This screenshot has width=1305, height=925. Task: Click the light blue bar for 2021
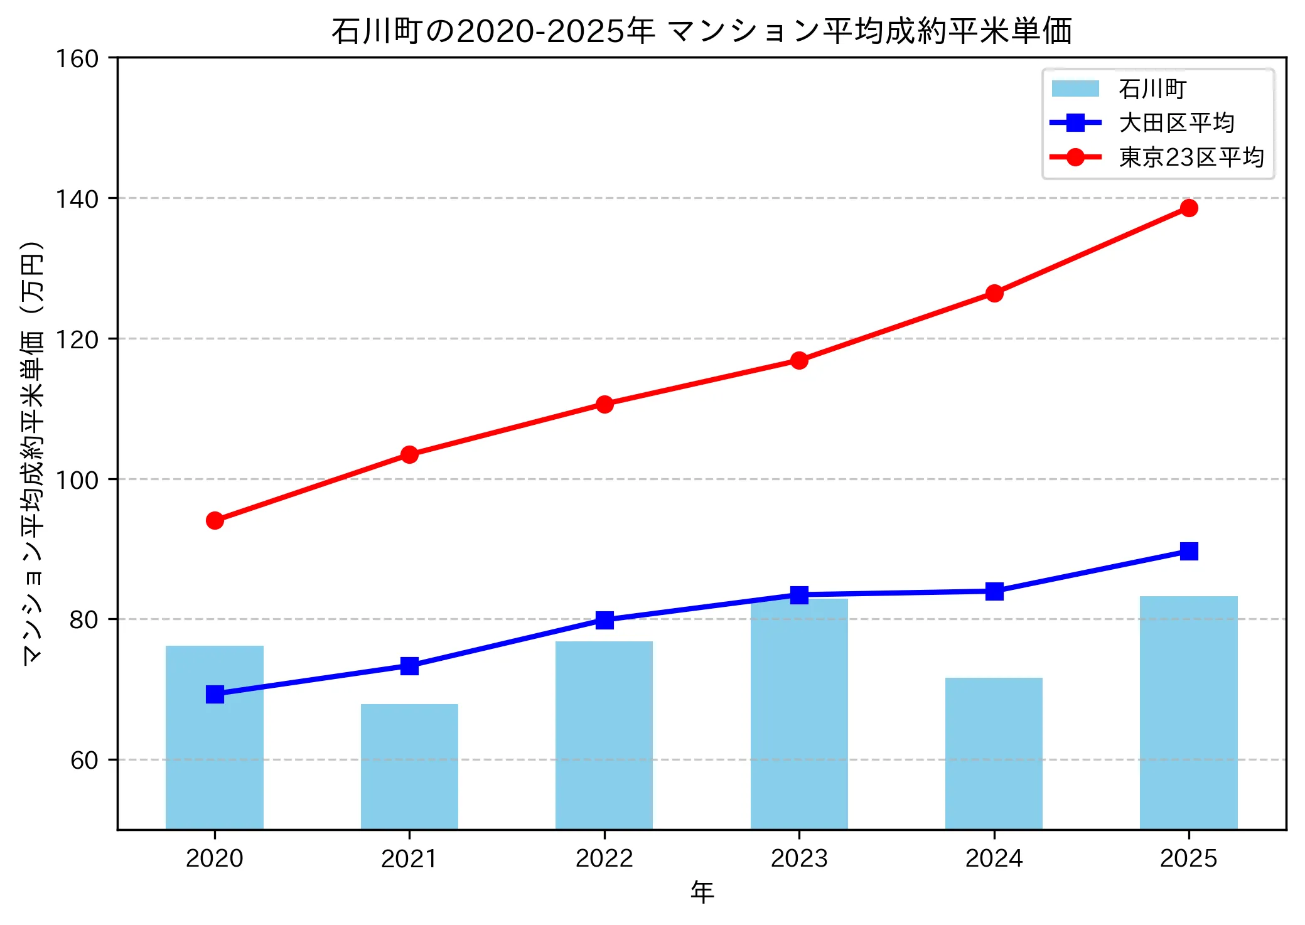coord(409,766)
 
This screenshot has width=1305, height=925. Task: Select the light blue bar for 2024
coord(994,753)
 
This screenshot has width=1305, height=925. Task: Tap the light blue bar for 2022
coord(604,735)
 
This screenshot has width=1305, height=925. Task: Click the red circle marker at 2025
coord(1188,208)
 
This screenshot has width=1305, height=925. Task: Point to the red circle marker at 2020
coord(215,520)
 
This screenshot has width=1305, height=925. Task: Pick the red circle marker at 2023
coord(799,360)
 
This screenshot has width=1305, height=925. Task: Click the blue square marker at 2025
coord(1188,551)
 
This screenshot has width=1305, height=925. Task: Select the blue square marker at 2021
coord(409,666)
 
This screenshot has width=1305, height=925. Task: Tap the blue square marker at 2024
coord(994,591)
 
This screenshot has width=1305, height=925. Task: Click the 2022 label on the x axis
coord(604,858)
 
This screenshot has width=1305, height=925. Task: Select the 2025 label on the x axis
coord(1188,858)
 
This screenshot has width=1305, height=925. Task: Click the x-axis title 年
coord(702,892)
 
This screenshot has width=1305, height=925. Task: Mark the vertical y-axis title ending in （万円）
coord(33,452)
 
